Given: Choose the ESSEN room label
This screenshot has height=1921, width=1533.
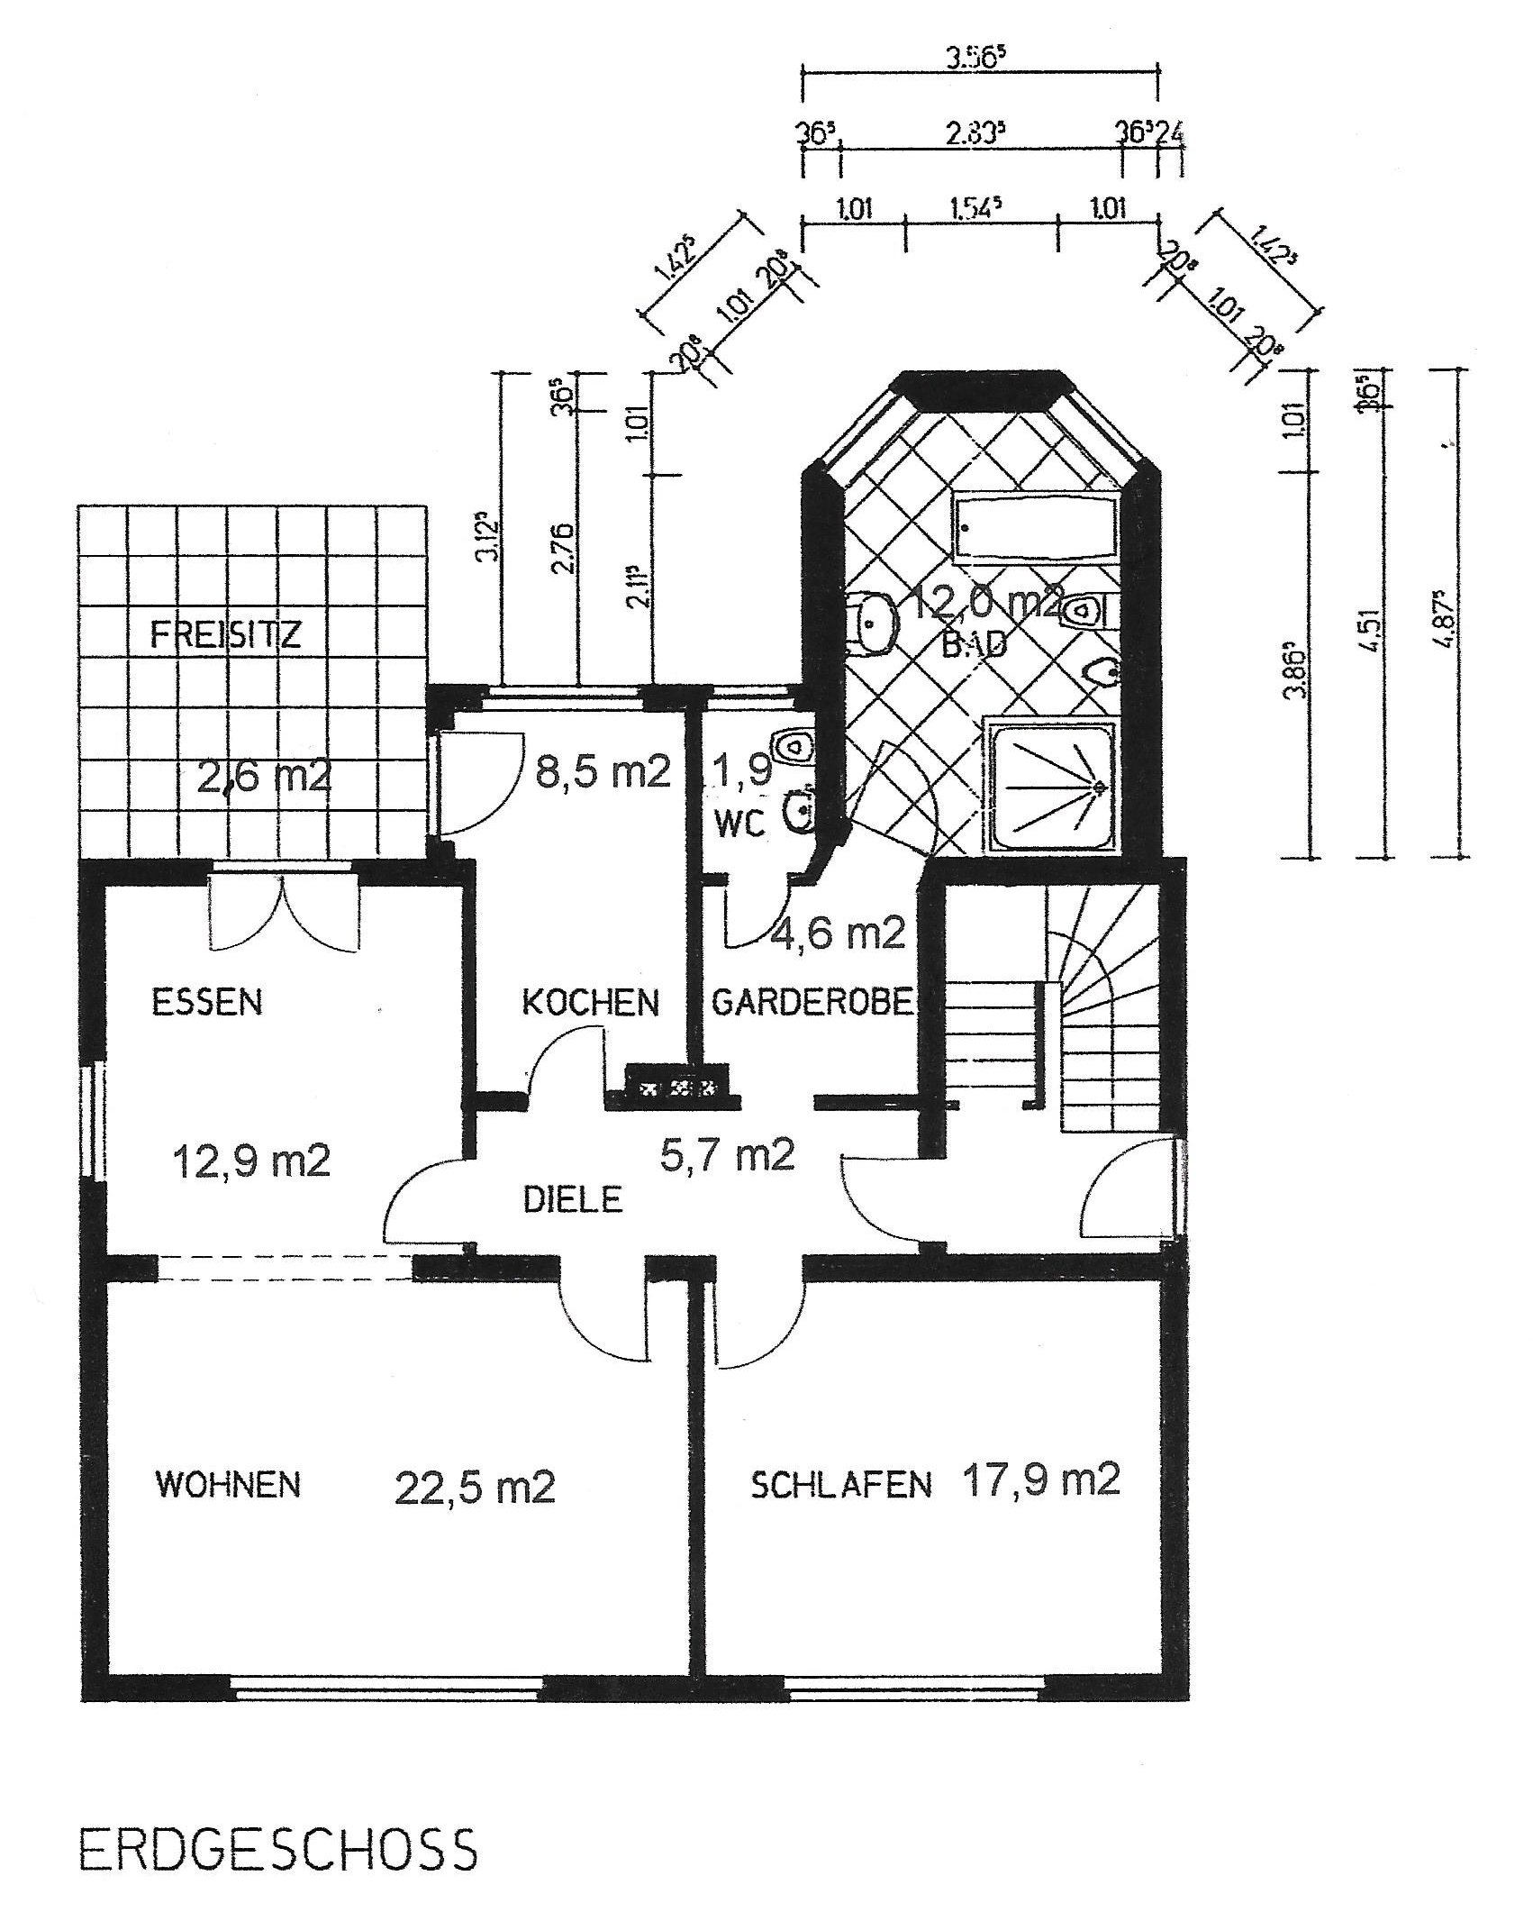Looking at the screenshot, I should tap(207, 1003).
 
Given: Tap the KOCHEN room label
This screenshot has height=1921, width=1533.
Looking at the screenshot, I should tap(591, 1003).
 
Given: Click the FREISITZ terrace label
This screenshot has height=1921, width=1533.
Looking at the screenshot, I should tap(225, 636).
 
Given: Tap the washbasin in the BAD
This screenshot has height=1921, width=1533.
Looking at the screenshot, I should tap(872, 621).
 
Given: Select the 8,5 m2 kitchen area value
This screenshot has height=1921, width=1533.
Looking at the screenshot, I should tap(603, 773).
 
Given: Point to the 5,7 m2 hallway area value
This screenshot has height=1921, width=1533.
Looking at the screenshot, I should tap(727, 1155).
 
